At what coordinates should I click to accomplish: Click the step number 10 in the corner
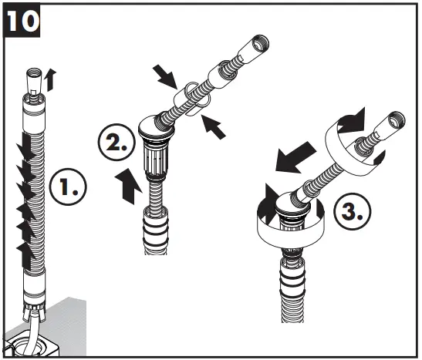pyautogui.click(x=22, y=20)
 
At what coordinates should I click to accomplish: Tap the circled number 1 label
pyautogui.click(x=68, y=187)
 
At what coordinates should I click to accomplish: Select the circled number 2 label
pyautogui.click(x=116, y=142)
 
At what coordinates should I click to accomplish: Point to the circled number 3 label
pyautogui.click(x=352, y=210)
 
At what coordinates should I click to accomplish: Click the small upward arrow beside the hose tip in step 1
pyautogui.click(x=50, y=80)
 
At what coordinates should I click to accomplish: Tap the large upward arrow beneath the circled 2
pyautogui.click(x=128, y=186)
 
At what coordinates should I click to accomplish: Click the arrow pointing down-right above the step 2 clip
pyautogui.click(x=164, y=76)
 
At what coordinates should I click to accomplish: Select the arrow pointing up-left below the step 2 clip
pyautogui.click(x=213, y=126)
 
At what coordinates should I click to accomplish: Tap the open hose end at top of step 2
pyautogui.click(x=255, y=51)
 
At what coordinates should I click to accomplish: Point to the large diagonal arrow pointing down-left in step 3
pyautogui.click(x=295, y=157)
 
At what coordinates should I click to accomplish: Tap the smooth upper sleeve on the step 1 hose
pyautogui.click(x=34, y=115)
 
